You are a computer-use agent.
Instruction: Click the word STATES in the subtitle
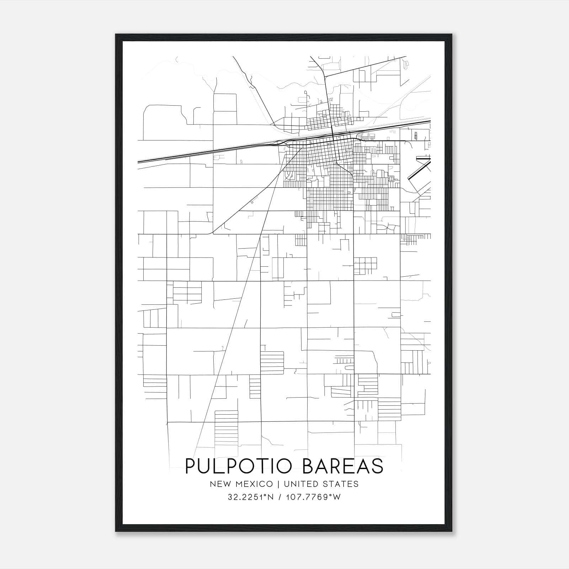342,484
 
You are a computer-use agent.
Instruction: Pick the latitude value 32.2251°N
251,497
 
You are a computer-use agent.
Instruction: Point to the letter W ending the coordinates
337,497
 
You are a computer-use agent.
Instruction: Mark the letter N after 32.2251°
271,497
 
